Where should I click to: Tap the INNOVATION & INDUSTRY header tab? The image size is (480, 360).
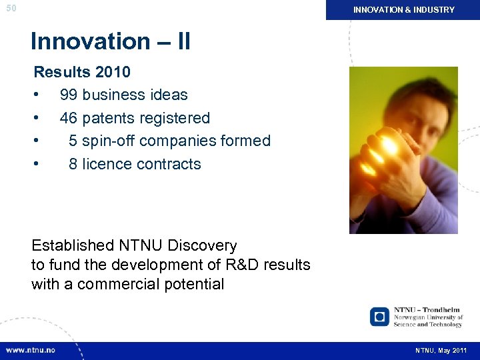click(x=403, y=10)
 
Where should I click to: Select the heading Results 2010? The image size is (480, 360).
click(x=82, y=72)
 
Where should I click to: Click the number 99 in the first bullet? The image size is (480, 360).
click(x=69, y=95)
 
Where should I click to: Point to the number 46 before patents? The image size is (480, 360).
click(x=69, y=118)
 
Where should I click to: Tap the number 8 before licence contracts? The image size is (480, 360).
click(x=73, y=164)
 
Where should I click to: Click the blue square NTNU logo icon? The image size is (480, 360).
click(x=379, y=317)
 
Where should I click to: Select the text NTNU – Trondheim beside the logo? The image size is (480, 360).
click(x=427, y=310)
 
